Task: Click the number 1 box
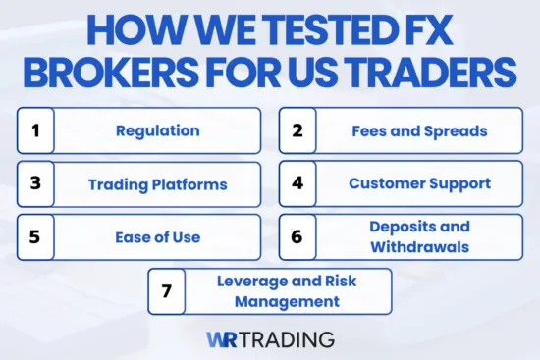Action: click(x=34, y=130)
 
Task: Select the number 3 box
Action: click(x=34, y=183)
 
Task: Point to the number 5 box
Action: click(x=34, y=236)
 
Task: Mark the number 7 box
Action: click(x=166, y=290)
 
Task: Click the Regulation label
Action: click(x=157, y=130)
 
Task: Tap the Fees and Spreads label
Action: click(x=419, y=130)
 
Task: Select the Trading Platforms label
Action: click(x=157, y=183)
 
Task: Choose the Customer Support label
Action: click(x=419, y=183)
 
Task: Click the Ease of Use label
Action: click(x=157, y=236)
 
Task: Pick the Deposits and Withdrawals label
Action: click(x=419, y=236)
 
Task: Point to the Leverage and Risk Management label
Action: click(x=288, y=290)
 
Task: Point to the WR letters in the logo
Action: click(x=225, y=339)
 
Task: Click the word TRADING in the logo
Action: click(x=291, y=339)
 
